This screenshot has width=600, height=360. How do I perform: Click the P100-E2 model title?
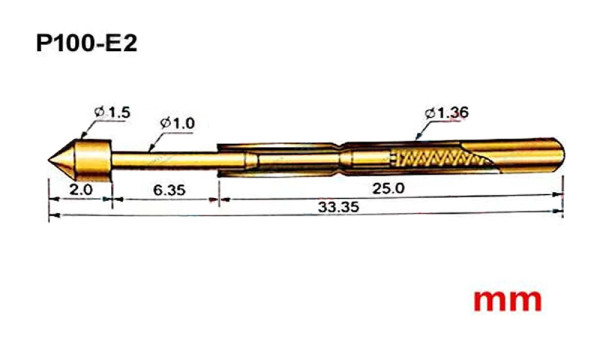click(x=86, y=43)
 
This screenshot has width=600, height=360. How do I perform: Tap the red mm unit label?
click(x=507, y=300)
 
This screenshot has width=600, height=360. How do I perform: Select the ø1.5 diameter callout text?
click(x=112, y=112)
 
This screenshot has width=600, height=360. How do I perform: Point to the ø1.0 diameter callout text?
click(x=178, y=123)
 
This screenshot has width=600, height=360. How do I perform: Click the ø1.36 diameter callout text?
click(x=447, y=113)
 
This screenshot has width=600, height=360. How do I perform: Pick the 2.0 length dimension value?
click(x=81, y=189)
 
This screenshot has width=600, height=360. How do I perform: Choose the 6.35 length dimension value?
click(x=169, y=190)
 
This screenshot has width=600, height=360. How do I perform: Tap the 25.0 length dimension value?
click(x=388, y=188)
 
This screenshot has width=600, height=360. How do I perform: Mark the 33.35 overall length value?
click(x=339, y=207)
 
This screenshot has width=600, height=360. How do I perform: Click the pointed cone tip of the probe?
click(x=49, y=159)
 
